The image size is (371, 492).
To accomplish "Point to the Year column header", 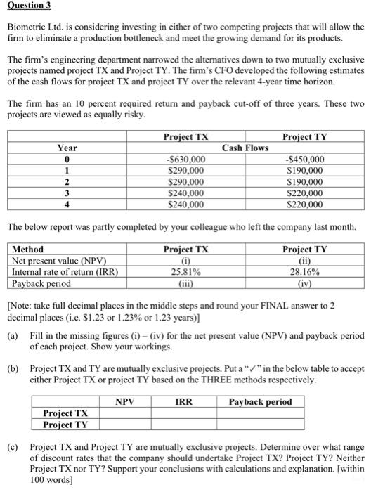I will (x=67, y=148).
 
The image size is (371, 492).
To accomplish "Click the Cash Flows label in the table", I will (x=245, y=148).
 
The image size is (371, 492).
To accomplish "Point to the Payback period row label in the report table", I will (x=42, y=283).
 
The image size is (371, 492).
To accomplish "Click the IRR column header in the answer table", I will (x=185, y=402).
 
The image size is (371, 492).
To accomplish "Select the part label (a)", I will (x=13, y=335).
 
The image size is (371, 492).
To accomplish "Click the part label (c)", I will (x=13, y=446).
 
